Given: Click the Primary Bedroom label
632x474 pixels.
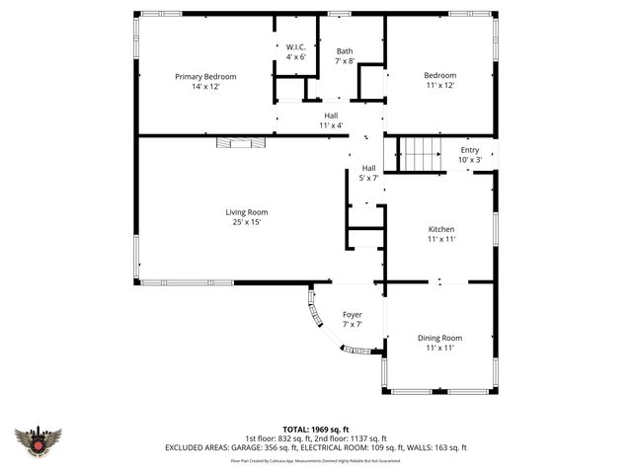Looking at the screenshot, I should click(205, 76).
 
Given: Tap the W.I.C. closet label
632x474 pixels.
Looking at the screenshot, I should click(295, 47).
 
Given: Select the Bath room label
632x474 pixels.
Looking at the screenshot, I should click(345, 51).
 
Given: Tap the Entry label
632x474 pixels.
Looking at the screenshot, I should click(469, 149).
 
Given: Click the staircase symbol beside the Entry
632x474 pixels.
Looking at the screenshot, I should click(422, 156).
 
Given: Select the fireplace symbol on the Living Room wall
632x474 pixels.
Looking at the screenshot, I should click(241, 142).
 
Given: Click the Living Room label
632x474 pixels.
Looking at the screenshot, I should click(246, 211).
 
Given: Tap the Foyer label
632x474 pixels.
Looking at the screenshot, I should click(353, 315).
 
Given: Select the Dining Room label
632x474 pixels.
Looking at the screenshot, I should click(439, 338).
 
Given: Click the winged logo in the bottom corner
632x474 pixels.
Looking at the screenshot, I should click(39, 439).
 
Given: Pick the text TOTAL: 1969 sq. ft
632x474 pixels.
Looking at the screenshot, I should click(316, 430).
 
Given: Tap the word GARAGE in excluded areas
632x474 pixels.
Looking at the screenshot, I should click(248, 448).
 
